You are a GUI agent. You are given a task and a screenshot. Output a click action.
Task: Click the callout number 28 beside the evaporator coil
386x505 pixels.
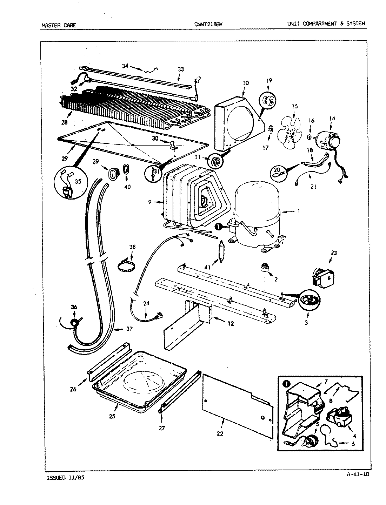click(x=65, y=122)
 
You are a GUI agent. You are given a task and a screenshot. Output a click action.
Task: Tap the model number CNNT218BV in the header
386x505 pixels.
click(x=208, y=24)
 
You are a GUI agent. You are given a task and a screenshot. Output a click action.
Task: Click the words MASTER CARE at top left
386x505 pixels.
click(x=59, y=25)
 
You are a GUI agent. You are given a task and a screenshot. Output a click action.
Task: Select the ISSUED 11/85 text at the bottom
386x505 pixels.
click(x=65, y=478)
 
